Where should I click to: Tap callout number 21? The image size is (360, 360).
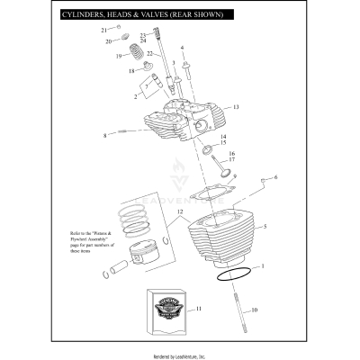coord(103,30)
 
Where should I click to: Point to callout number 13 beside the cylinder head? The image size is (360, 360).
coord(236,107)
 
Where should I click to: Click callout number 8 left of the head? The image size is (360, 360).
coord(104,136)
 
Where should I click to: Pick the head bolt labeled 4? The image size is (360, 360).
coord(186,67)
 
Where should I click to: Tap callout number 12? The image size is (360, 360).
coord(180,212)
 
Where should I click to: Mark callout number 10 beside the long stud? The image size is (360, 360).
coord(254,310)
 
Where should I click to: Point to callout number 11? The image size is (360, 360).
coord(200,309)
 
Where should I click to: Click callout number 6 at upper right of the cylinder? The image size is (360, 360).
coord(276,177)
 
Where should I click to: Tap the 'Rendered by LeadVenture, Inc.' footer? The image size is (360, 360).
coord(180,354)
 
